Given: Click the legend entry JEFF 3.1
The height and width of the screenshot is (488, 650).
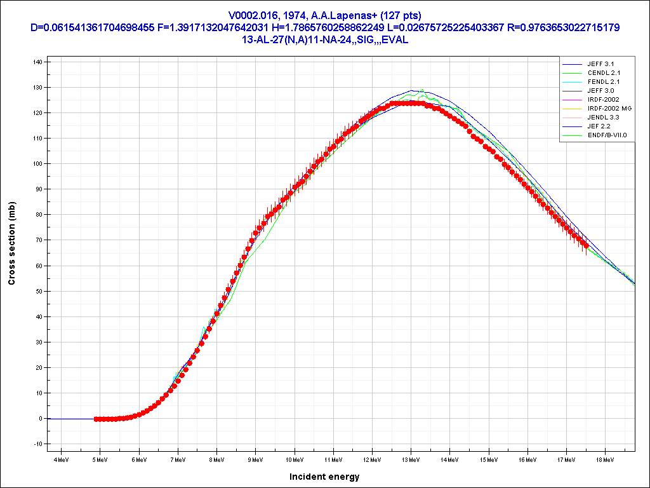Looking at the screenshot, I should (600, 64).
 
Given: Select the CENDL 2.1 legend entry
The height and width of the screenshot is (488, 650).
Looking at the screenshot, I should (604, 73).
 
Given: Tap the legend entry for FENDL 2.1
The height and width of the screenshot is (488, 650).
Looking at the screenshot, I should (604, 82).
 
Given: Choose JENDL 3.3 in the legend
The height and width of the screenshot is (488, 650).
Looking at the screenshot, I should (604, 118).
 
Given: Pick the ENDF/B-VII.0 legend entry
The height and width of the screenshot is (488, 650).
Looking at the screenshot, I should (607, 135).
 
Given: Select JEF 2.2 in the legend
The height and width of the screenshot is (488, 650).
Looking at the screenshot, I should (599, 126).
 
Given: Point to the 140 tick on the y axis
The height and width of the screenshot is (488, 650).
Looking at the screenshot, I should (37, 62).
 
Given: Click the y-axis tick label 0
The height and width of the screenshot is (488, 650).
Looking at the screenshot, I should (40, 419).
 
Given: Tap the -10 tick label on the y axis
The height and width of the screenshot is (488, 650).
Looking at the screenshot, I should (37, 444).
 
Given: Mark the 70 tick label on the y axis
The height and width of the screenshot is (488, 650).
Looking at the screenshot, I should (39, 240).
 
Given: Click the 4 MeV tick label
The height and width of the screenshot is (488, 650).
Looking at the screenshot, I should (61, 459).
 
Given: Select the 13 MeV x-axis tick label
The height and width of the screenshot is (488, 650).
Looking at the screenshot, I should (411, 459).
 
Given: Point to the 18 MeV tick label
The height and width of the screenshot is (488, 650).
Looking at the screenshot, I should (605, 459).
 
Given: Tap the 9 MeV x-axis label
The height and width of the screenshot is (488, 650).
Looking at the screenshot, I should (255, 459).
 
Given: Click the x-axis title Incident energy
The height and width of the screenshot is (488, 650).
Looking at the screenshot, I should (324, 477).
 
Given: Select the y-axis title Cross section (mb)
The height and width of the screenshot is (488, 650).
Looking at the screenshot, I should (12, 243).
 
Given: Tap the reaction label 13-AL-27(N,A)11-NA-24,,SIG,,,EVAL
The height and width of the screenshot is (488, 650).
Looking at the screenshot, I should (324, 39).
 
